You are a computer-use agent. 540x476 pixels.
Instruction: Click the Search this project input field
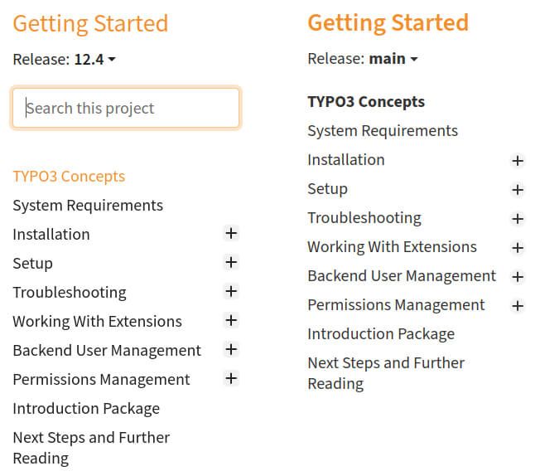point(126,109)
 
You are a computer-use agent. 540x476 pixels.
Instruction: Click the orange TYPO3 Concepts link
point(69,177)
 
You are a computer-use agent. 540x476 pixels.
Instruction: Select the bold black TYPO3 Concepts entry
point(366,102)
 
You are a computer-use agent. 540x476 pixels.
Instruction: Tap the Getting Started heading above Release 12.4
point(90,23)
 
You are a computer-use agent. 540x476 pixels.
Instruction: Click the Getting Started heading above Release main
point(388,22)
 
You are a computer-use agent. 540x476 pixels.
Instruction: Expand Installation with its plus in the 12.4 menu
point(231,234)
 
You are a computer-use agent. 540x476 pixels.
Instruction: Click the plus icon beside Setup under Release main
point(518,190)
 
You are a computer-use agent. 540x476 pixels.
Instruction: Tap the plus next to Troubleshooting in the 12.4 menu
point(231,292)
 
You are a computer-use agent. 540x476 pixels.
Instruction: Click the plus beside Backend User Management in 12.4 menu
point(231,350)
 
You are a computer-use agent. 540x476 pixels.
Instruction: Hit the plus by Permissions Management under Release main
point(518,306)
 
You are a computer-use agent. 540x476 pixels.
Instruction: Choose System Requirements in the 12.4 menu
point(88,206)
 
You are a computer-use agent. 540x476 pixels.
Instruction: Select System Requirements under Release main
point(383,131)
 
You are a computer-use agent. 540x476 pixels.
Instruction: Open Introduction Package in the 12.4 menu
point(86,409)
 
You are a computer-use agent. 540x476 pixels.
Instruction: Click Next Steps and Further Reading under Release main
point(386,373)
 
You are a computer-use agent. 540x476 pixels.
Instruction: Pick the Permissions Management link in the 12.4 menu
point(101,380)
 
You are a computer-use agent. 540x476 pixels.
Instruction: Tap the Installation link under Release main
point(346,160)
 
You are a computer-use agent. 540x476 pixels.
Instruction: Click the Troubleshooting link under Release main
point(364,218)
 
